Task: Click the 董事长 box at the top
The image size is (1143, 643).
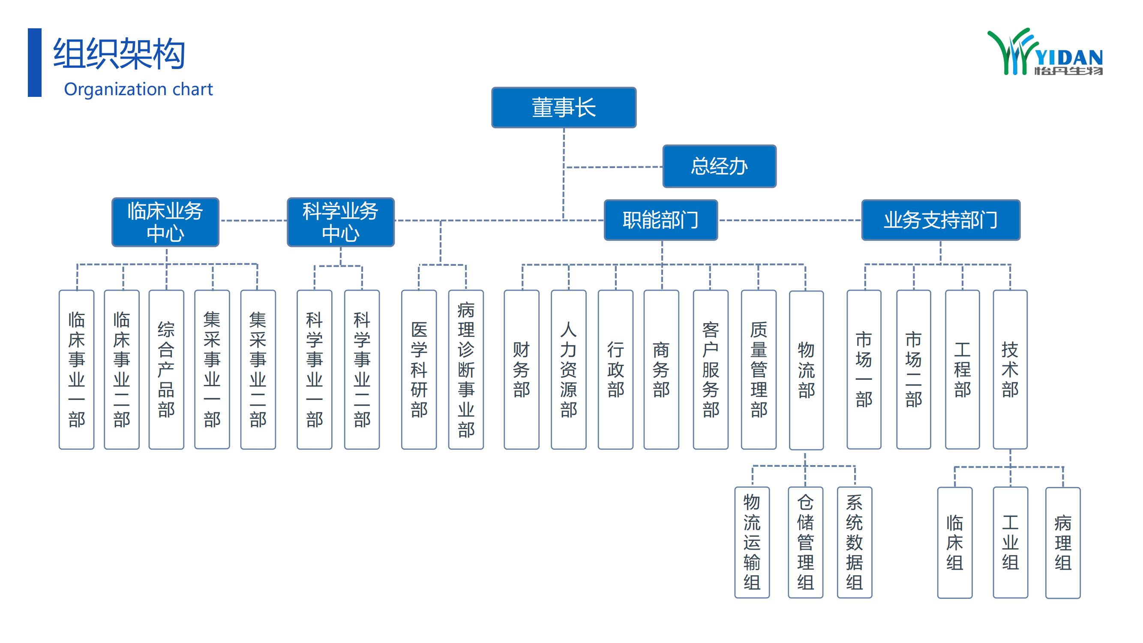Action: point(564,108)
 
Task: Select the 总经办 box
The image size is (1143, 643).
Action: point(719,166)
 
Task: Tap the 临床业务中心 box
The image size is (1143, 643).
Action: point(165,222)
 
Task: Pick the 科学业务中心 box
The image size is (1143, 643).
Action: point(340,222)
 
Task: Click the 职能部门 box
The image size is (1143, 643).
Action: point(660,220)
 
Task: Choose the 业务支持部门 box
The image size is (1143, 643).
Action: point(940,220)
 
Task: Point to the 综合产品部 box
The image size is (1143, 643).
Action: point(166,369)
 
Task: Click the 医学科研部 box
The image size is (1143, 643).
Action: point(419,369)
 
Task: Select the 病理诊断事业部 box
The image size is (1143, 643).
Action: point(466,369)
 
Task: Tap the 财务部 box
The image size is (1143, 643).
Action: point(522,369)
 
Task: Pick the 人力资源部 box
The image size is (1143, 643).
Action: point(568,369)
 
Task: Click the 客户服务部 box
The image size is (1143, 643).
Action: point(711,369)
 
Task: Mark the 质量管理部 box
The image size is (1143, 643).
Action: point(758,369)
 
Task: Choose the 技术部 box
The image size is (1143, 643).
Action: point(1010,369)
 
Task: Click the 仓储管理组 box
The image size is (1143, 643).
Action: point(805,542)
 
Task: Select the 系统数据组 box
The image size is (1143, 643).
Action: point(854,542)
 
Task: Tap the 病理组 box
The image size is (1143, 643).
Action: point(1063,542)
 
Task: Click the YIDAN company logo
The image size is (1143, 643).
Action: point(1044,52)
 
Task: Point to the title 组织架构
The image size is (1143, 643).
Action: point(119,53)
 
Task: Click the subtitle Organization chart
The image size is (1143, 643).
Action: point(138,89)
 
